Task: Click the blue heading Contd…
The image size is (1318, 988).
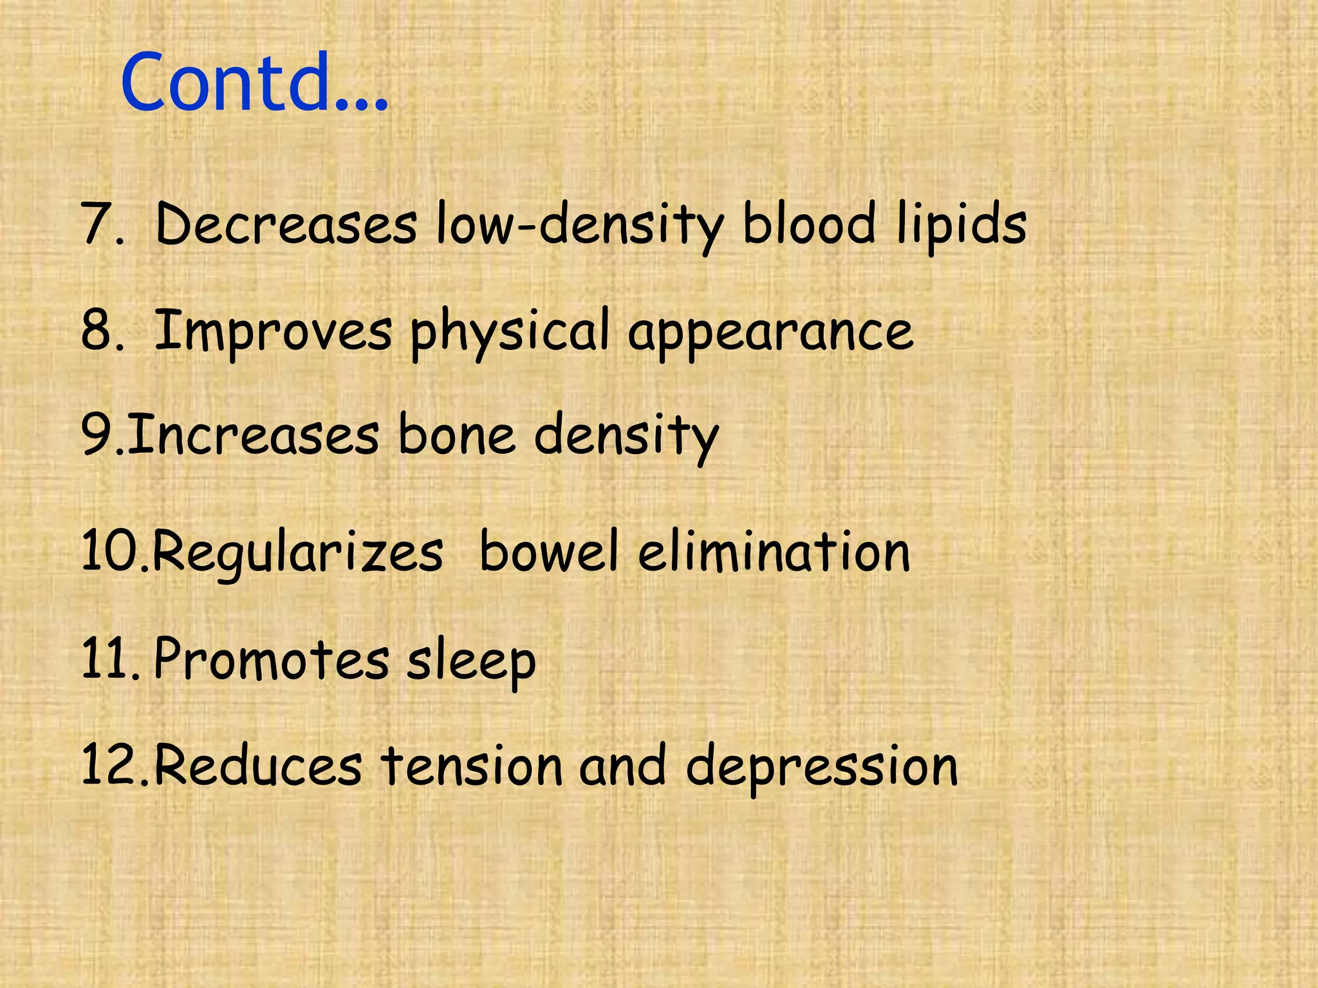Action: coord(254,84)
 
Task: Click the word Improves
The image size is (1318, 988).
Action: coord(274,331)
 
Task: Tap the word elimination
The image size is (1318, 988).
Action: coord(774,552)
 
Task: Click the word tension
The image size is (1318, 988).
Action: coord(472,765)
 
